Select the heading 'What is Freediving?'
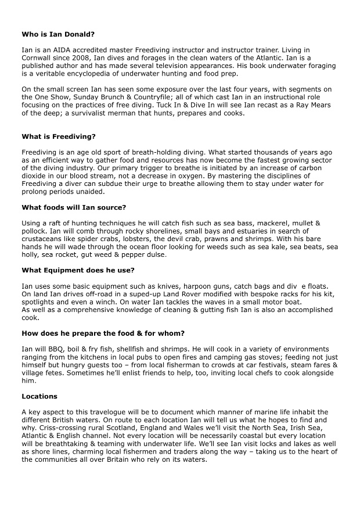(x=59, y=137)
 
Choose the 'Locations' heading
(x=39, y=396)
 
